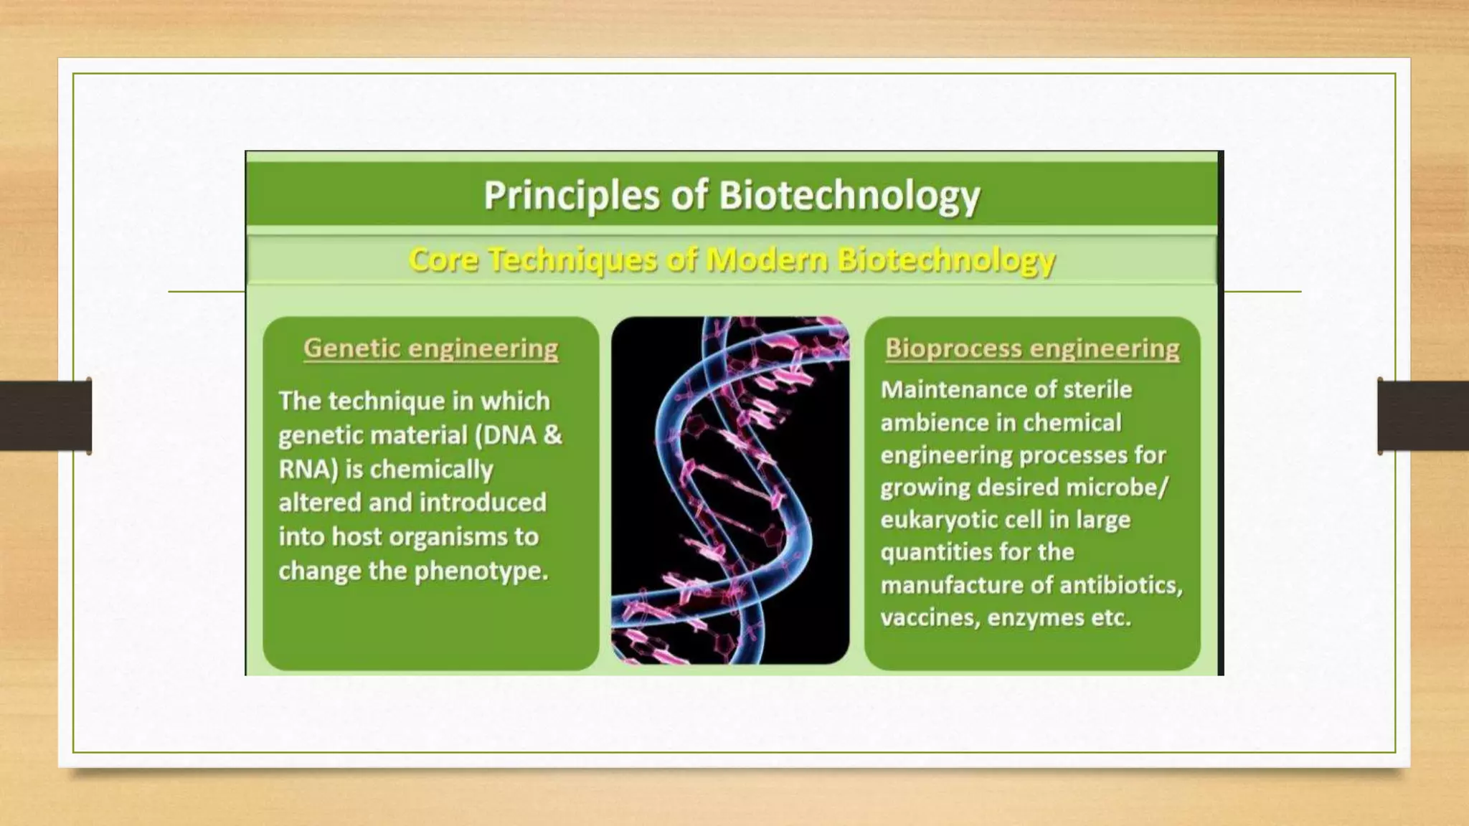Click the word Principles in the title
(x=570, y=196)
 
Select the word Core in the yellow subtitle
(x=443, y=260)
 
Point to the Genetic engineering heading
(x=430, y=348)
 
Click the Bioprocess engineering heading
(x=1032, y=348)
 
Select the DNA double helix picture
(x=730, y=490)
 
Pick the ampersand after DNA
(x=552, y=435)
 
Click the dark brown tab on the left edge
(x=45, y=416)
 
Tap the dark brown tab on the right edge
(x=1423, y=416)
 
